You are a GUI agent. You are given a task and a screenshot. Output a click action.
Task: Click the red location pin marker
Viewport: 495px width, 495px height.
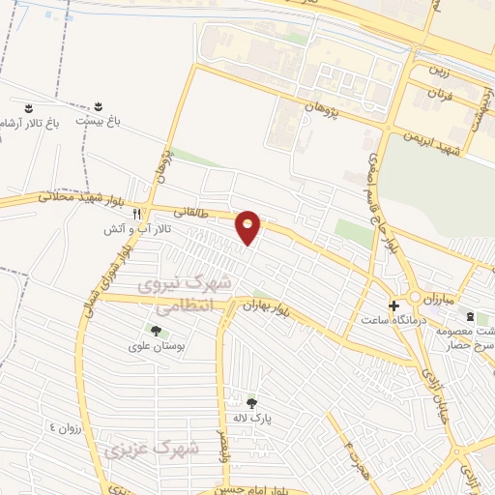coord(249,226)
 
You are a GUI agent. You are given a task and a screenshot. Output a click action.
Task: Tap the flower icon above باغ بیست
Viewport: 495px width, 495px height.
coord(99,104)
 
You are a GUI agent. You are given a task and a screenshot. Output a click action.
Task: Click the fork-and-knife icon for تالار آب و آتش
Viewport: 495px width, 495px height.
coord(137,214)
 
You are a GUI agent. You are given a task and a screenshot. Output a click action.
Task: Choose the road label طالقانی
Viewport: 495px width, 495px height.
coord(189,211)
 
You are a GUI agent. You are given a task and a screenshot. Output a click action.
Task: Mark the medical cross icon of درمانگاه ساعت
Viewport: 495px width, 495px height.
coord(393,306)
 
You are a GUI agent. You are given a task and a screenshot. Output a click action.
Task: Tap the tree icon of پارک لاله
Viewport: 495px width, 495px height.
coord(252,403)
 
